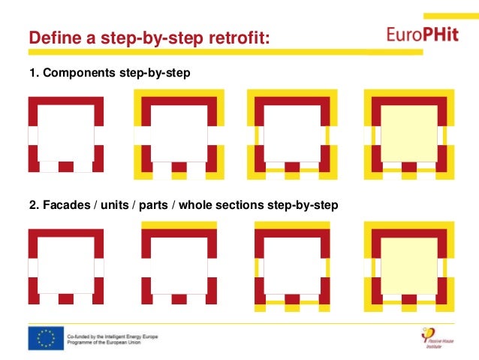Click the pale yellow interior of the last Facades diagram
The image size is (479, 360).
tap(408, 265)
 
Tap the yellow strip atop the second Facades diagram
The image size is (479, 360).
tap(179, 225)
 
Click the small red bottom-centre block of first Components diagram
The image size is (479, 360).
tap(66, 167)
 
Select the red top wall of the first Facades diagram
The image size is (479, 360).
tap(66, 233)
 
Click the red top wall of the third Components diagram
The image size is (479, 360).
tap(292, 101)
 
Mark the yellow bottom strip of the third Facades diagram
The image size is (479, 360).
tap(292, 308)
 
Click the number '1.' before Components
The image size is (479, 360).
tap(33, 74)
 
